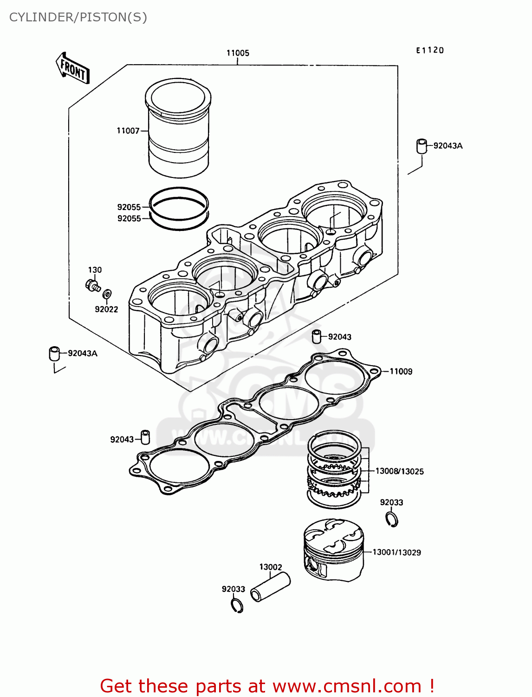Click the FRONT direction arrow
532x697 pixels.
[x=72, y=68]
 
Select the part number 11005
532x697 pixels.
[x=238, y=53]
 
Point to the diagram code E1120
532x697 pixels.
[x=429, y=50]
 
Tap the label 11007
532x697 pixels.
[x=128, y=131]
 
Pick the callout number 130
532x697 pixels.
[x=95, y=270]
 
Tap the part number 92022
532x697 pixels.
[x=106, y=309]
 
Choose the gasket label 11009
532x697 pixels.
[x=401, y=371]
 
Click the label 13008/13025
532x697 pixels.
[x=399, y=471]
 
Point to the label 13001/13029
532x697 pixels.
[x=396, y=552]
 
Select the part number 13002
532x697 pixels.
[x=271, y=567]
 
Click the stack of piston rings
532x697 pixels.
[x=334, y=469]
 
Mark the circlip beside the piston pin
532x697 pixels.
[x=237, y=605]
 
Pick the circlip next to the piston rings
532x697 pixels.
[x=392, y=519]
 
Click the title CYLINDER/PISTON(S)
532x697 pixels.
[x=78, y=17]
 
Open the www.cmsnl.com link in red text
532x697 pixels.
[x=346, y=686]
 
